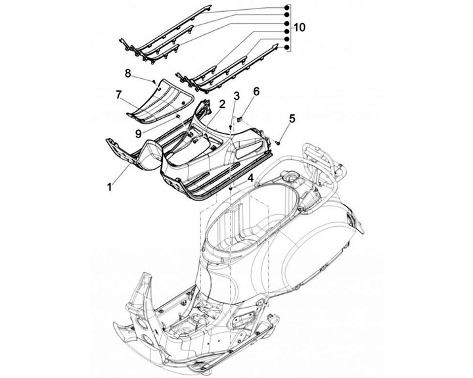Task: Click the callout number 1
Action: pos(108,187)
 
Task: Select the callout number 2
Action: pos(222,104)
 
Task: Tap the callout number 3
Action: pos(236,97)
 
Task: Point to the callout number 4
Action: pos(250,177)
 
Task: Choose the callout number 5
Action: pos(292,119)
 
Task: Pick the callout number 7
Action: pos(118,95)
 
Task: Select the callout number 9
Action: pos(138,133)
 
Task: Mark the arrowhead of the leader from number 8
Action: pos(155,82)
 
